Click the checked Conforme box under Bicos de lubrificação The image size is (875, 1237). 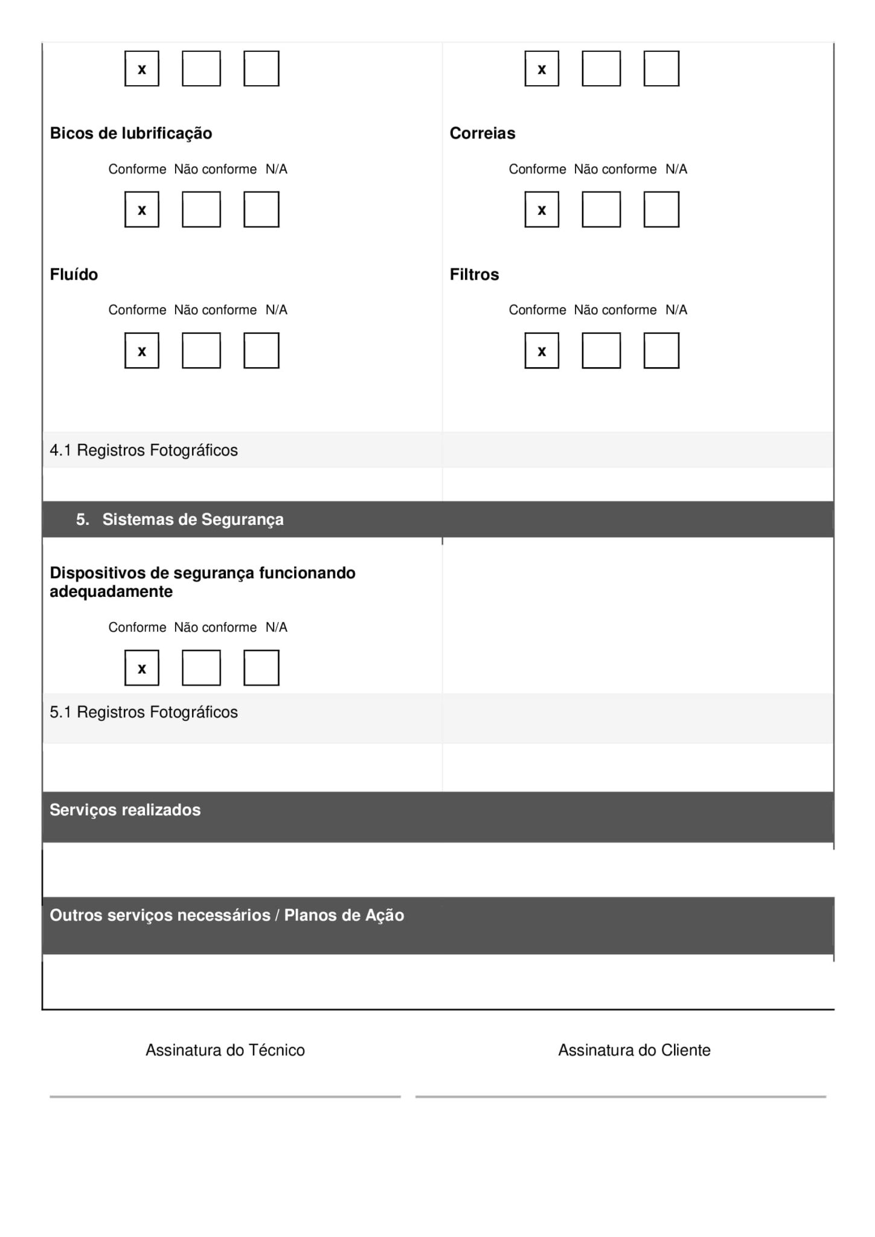[x=142, y=210]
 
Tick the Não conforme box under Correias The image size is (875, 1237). [x=601, y=210]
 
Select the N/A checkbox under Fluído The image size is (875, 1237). [x=261, y=350]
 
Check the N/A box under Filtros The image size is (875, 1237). [x=661, y=350]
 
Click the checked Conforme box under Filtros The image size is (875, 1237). [x=542, y=350]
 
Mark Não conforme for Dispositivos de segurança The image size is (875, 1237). [x=201, y=668]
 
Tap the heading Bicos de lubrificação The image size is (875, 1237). [x=131, y=133]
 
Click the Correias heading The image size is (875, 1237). [x=482, y=133]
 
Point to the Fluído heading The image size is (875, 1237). [x=74, y=275]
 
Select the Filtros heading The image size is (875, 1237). [x=474, y=275]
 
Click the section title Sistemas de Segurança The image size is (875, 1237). [x=193, y=519]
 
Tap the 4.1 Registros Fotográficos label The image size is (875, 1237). [x=144, y=451]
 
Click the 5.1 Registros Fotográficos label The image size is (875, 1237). [x=144, y=713]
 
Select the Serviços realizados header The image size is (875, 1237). [x=125, y=810]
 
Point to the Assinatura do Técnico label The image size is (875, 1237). [x=225, y=1050]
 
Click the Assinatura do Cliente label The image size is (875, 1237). [x=634, y=1050]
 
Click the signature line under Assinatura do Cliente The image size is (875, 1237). [x=620, y=1096]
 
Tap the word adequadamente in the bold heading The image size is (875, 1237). [x=111, y=592]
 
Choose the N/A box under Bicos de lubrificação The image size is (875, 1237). [x=261, y=210]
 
